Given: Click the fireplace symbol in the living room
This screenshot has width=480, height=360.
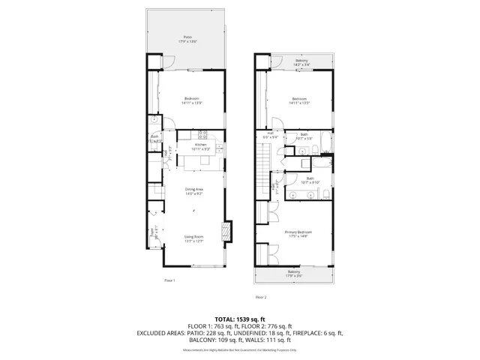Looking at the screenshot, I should [x=226, y=232].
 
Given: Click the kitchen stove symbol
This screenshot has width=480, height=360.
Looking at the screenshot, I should [x=202, y=135].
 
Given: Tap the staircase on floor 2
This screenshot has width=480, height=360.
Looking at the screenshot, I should [x=262, y=159].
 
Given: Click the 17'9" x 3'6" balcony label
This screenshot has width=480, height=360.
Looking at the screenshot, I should [x=294, y=274].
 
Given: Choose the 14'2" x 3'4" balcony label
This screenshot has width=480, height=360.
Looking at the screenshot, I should [x=301, y=61].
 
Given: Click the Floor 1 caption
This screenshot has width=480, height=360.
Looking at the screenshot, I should [x=169, y=280].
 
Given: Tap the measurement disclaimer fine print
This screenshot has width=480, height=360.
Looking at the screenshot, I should [x=240, y=350].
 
